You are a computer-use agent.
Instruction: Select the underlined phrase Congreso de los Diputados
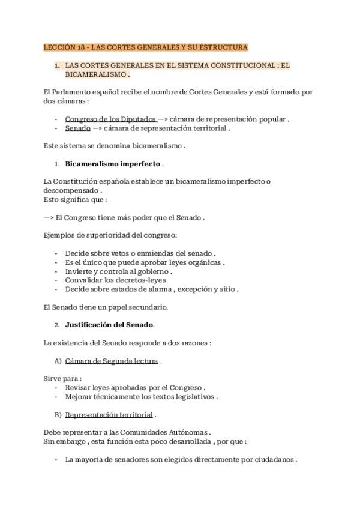[111, 119]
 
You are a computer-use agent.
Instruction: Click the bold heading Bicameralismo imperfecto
[113, 163]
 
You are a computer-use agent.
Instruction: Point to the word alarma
[178, 289]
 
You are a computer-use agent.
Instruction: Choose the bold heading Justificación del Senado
[109, 325]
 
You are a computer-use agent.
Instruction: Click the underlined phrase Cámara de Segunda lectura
[112, 361]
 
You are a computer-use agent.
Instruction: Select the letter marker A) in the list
[58, 361]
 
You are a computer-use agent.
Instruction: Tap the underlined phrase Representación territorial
[109, 414]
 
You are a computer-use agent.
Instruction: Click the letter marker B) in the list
[58, 414]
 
